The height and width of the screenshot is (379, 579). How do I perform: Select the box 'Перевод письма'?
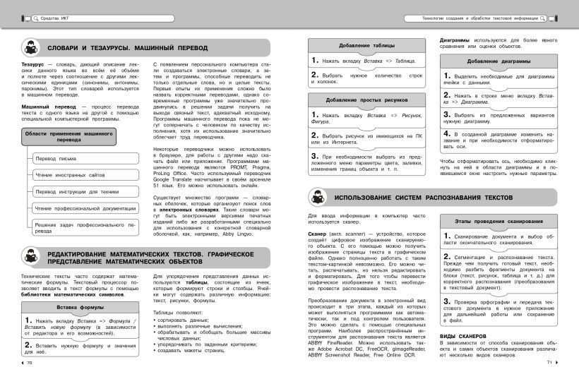click(x=54, y=160)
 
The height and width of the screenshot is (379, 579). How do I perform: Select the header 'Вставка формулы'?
click(x=80, y=308)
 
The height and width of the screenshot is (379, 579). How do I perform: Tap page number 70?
click(x=30, y=362)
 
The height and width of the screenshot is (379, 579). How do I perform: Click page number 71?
click(x=549, y=362)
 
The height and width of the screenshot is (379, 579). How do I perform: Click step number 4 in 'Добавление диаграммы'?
click(x=446, y=133)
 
